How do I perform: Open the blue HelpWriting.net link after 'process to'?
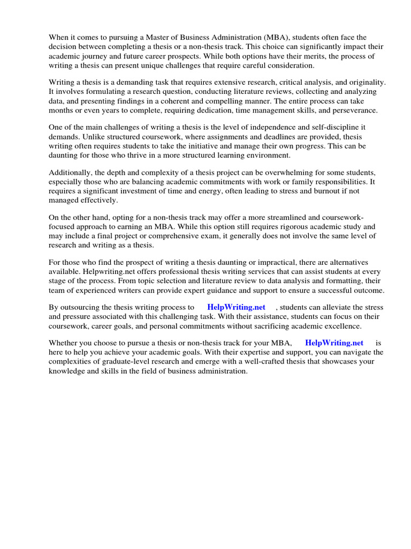pos(236,307)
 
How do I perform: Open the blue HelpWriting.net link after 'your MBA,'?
pos(334,343)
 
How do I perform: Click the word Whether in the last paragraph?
pos(64,343)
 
